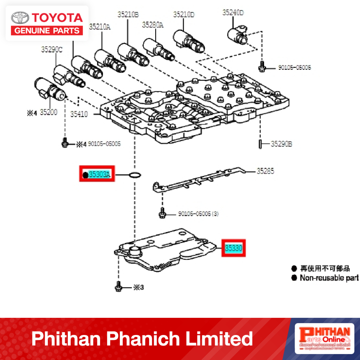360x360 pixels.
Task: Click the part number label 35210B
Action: point(128,14)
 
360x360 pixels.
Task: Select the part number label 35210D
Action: point(184,14)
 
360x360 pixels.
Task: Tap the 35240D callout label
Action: point(233,13)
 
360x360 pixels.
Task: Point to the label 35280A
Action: point(153,25)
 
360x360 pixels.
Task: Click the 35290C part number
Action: point(51,50)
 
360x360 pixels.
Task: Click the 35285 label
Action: point(265,171)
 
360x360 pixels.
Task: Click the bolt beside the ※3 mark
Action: point(118,287)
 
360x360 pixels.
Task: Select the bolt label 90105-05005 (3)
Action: point(198,214)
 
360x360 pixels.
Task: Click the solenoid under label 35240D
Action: point(238,34)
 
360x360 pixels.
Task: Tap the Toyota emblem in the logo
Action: point(20,18)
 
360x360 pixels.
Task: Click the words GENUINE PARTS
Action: point(47,31)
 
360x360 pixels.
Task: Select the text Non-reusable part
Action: point(329,278)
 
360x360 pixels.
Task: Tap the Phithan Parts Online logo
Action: point(323,338)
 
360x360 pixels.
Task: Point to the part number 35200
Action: point(48,112)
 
